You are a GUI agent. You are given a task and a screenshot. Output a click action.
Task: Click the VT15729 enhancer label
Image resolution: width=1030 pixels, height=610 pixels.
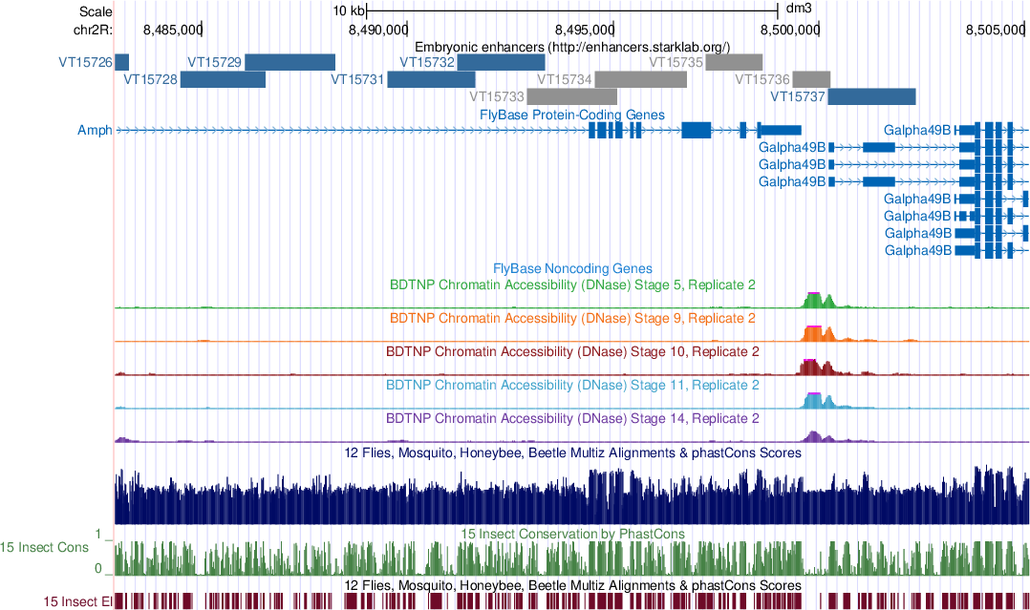pos(215,62)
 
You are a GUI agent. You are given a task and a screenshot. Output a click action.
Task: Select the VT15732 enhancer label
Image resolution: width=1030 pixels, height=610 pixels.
pos(427,62)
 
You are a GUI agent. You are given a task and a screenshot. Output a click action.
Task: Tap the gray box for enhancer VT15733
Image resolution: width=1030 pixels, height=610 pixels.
pos(572,96)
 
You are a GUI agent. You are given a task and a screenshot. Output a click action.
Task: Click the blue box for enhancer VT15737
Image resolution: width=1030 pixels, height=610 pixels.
pos(871,96)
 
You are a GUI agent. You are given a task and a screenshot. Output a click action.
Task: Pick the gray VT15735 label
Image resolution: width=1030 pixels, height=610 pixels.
pos(676,62)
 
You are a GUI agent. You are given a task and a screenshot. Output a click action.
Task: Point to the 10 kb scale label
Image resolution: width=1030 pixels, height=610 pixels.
pos(348,11)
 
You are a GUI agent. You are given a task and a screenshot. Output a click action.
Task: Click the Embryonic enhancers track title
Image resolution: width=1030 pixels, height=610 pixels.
pos(572,46)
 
